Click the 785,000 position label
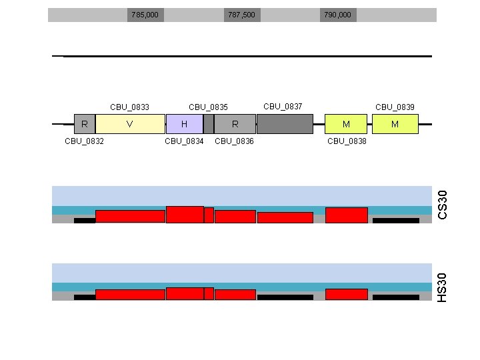pyautogui.click(x=145, y=15)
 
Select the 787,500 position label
pyautogui.click(x=241, y=15)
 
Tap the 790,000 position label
pyautogui.click(x=337, y=15)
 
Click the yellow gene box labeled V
pyautogui.click(x=130, y=124)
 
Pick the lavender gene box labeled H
pyautogui.click(x=184, y=124)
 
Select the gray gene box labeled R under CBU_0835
pyautogui.click(x=235, y=124)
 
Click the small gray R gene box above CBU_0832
pyautogui.click(x=84, y=124)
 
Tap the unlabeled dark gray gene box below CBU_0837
pyautogui.click(x=285, y=124)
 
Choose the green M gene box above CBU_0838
pyautogui.click(x=346, y=124)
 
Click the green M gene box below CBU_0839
pyautogui.click(x=395, y=124)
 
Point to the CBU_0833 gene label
pyautogui.click(x=129, y=107)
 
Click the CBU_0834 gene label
pyautogui.click(x=184, y=141)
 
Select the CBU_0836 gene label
pyautogui.click(x=234, y=141)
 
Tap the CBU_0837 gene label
pyautogui.click(x=283, y=106)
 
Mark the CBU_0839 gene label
pyautogui.click(x=395, y=107)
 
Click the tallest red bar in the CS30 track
pyautogui.click(x=185, y=214)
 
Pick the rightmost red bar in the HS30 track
pyautogui.click(x=346, y=294)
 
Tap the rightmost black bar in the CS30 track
pyautogui.click(x=396, y=220)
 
